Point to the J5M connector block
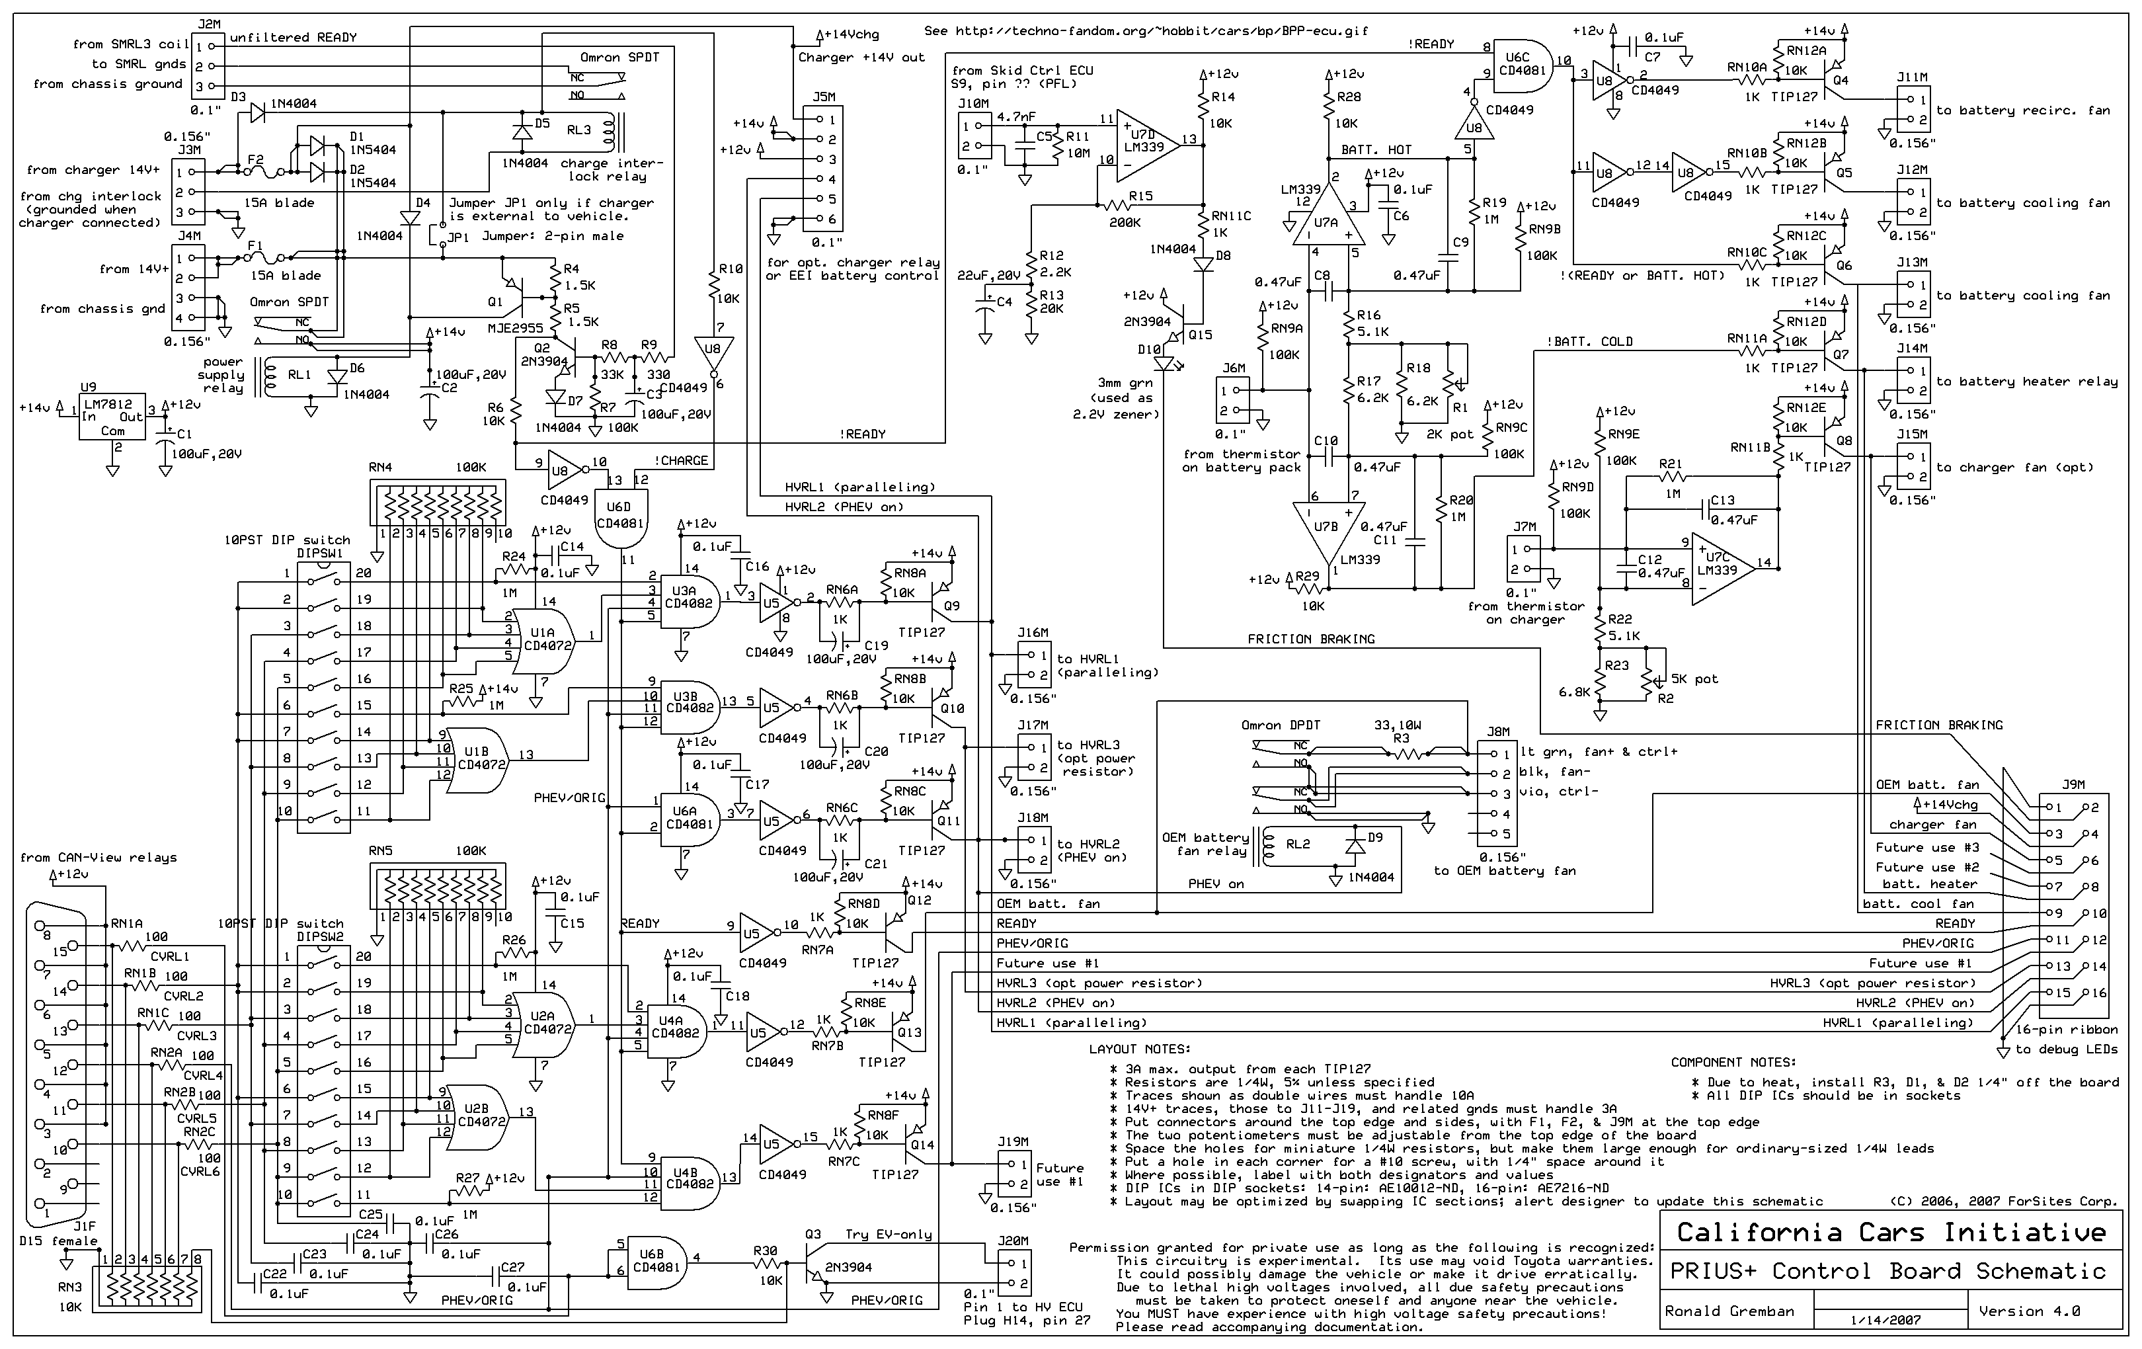click(823, 169)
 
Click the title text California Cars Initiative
click(1891, 1233)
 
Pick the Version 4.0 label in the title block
click(2029, 1311)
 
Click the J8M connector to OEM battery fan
click(1498, 793)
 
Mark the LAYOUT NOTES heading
click(1140, 1049)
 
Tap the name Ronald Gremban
click(1729, 1311)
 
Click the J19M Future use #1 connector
click(1012, 1174)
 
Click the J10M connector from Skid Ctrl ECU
click(972, 136)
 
